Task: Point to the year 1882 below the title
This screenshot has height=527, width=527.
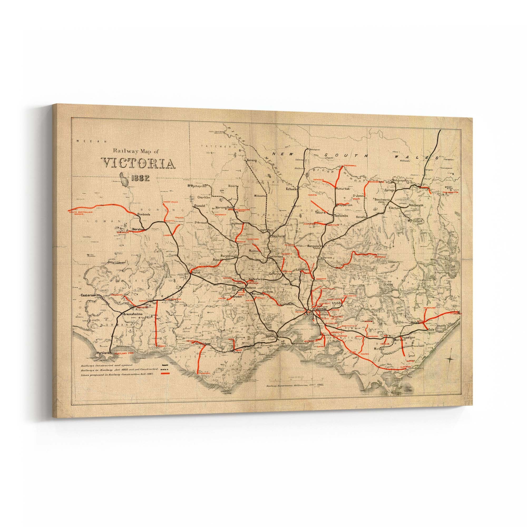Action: pos(140,178)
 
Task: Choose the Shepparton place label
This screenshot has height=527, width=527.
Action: pos(344,204)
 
